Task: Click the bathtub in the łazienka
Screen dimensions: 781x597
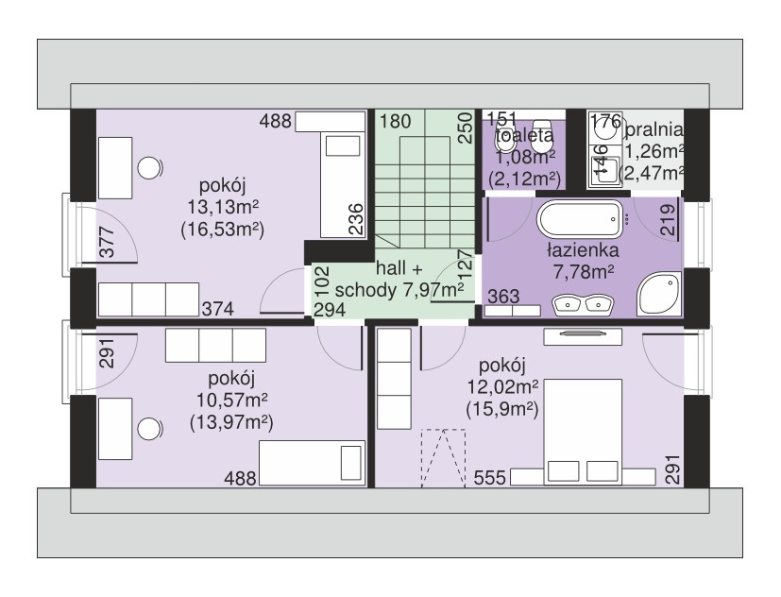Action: click(x=579, y=218)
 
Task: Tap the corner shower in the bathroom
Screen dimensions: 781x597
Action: click(x=659, y=294)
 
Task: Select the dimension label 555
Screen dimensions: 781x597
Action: click(x=489, y=477)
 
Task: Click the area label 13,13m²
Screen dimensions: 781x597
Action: click(x=223, y=207)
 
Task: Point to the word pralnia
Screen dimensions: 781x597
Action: click(x=654, y=129)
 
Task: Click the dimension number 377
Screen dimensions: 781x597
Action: click(x=107, y=242)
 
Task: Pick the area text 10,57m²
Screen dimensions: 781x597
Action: click(x=231, y=400)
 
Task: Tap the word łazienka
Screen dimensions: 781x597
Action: click(x=583, y=249)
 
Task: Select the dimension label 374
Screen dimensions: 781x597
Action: click(x=217, y=309)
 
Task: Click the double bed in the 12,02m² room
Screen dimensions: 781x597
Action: click(x=583, y=432)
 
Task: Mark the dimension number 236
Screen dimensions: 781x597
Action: click(x=356, y=219)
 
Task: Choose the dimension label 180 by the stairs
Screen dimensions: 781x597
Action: click(x=396, y=121)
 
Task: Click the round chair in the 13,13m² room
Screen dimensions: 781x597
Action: click(x=149, y=168)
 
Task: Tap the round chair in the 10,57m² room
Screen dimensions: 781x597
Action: click(x=149, y=429)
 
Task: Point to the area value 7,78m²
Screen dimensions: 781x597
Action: click(x=583, y=272)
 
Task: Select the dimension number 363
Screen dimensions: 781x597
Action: click(x=503, y=297)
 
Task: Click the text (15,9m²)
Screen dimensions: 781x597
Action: click(x=502, y=410)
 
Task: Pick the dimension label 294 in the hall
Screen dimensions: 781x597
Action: click(x=330, y=310)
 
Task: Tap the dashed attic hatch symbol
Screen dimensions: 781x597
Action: click(x=443, y=457)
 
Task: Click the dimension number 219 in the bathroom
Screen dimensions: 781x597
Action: click(x=668, y=220)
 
